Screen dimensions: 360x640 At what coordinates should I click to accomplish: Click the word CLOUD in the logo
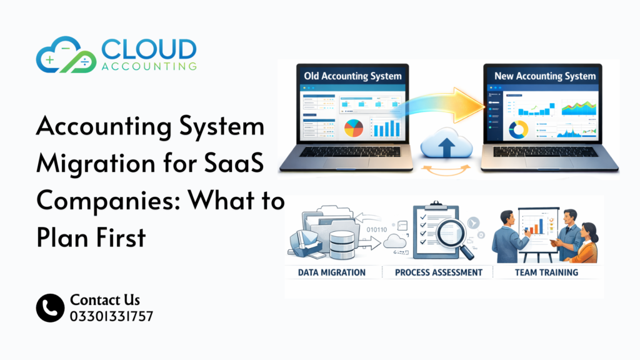[149, 48]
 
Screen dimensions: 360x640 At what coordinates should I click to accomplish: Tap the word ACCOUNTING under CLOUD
[149, 66]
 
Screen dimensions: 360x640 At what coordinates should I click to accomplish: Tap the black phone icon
[50, 308]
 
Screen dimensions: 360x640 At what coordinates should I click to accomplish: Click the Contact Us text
[105, 300]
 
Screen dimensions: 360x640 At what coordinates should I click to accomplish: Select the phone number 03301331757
[112, 316]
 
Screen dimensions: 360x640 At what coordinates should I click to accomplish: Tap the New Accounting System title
[545, 76]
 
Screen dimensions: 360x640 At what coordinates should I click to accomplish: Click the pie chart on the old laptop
[354, 128]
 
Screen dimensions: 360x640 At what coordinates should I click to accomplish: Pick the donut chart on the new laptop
[518, 129]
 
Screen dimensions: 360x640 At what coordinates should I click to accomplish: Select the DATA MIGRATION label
[332, 272]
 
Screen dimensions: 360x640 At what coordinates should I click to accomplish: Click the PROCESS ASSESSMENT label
[439, 272]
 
